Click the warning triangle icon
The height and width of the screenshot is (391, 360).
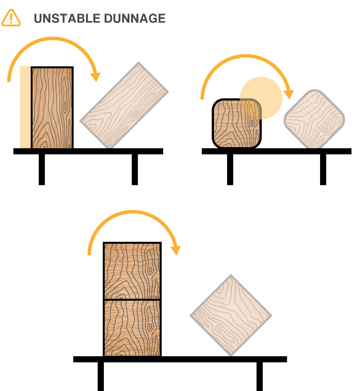[x=11, y=18]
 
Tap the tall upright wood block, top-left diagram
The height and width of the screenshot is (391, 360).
[x=52, y=108]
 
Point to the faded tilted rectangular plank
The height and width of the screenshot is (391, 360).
[x=124, y=105]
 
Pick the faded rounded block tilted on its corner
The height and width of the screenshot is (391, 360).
[x=314, y=119]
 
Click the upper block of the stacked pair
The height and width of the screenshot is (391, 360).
[x=132, y=271]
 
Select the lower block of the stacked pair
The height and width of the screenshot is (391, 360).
[x=132, y=327]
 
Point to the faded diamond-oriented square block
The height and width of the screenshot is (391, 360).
[x=231, y=315]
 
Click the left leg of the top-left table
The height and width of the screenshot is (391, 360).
[x=42, y=169]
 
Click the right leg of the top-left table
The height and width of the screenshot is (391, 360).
[x=135, y=169]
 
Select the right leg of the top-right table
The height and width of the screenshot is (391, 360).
[x=323, y=169]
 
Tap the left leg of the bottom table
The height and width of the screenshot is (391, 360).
[x=101, y=376]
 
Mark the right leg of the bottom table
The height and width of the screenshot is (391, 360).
[x=260, y=376]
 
